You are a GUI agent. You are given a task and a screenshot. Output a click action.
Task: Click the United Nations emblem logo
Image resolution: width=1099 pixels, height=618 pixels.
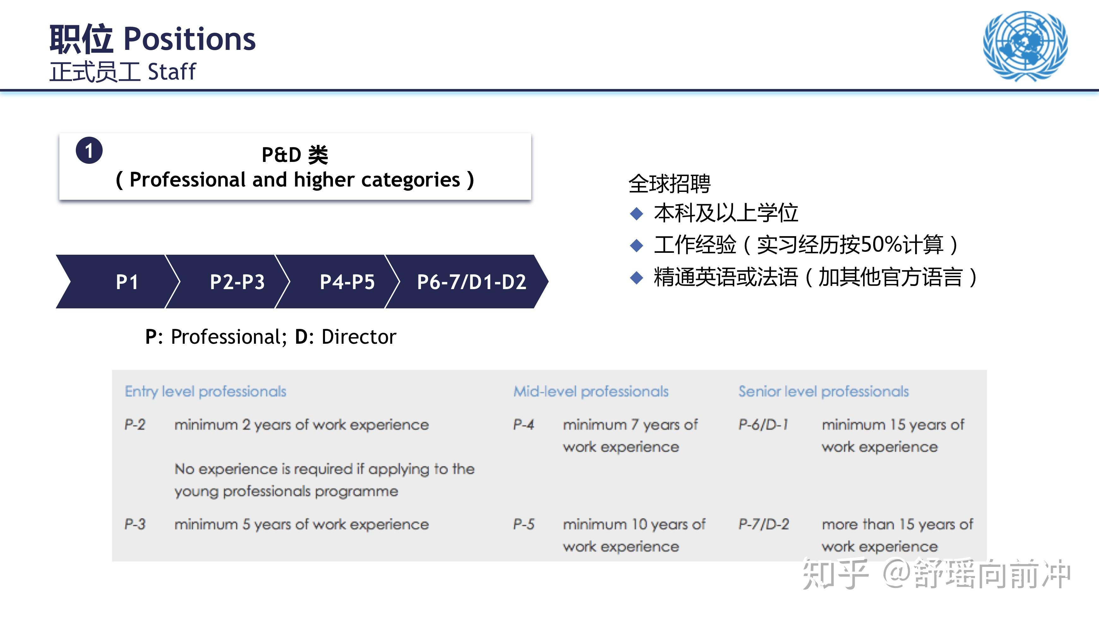pyautogui.click(x=1025, y=46)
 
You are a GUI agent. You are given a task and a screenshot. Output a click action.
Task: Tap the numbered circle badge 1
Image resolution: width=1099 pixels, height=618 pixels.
pyautogui.click(x=89, y=151)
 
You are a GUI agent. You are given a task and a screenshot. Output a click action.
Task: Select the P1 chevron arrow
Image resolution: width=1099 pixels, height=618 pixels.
pyautogui.click(x=117, y=282)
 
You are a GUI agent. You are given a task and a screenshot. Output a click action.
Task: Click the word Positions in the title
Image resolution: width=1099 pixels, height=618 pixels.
pyautogui.click(x=189, y=39)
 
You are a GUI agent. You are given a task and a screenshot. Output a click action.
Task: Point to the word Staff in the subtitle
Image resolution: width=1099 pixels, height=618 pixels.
pyautogui.click(x=171, y=71)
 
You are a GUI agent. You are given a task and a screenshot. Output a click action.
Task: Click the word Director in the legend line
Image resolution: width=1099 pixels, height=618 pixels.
pyautogui.click(x=359, y=337)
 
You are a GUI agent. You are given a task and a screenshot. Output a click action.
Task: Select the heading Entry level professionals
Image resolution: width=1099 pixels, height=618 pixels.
pyautogui.click(x=205, y=391)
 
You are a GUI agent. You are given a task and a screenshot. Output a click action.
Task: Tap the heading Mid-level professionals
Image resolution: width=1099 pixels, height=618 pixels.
pyautogui.click(x=591, y=391)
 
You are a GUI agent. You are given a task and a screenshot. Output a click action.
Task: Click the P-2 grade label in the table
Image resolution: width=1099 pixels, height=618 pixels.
pyautogui.click(x=135, y=425)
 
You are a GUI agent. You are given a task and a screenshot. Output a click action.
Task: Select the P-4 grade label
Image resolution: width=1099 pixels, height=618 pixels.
pyautogui.click(x=524, y=425)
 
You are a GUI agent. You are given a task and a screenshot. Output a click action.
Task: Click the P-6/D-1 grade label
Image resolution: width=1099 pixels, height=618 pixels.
pyautogui.click(x=763, y=425)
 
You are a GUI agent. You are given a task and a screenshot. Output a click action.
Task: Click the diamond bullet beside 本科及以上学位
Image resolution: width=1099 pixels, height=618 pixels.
pyautogui.click(x=637, y=213)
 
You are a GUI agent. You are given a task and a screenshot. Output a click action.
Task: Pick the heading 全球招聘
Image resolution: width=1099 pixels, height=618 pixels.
pyautogui.click(x=670, y=184)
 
